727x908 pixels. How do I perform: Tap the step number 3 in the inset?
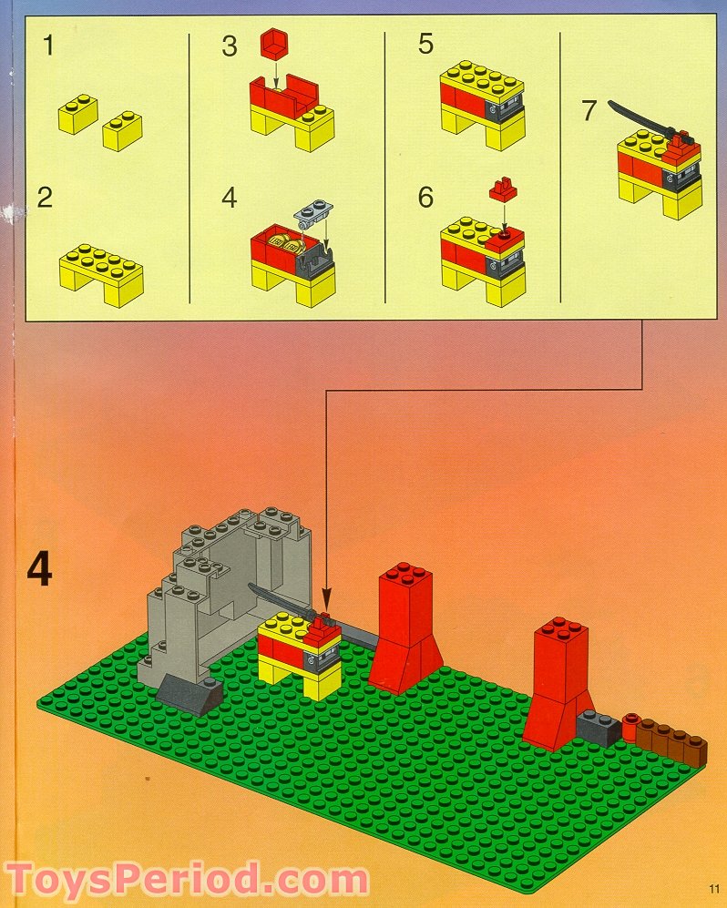[230, 45]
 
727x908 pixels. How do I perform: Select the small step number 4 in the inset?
[230, 197]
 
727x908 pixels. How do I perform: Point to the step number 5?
[426, 45]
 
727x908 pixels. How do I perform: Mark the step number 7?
[589, 111]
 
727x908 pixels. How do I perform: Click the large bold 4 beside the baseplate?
[38, 570]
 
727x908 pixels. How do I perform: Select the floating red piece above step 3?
[272, 42]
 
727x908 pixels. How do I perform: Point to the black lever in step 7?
[638, 118]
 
